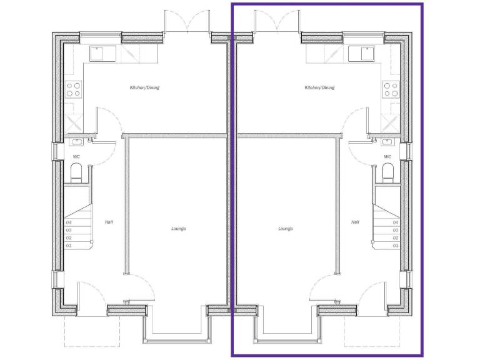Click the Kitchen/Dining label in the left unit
click(x=144, y=87)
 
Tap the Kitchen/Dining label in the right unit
click(x=319, y=87)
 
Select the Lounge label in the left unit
click(x=179, y=229)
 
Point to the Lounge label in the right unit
click(x=286, y=229)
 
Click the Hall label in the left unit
click(x=109, y=222)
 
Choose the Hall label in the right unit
click(x=355, y=222)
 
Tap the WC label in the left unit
click(x=76, y=157)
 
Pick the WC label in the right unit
click(x=387, y=157)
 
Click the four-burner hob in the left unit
click(x=74, y=89)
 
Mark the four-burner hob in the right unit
click(x=391, y=89)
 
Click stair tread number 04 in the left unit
click(x=69, y=222)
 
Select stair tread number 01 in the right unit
click(x=395, y=246)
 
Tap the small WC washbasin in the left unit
click(x=77, y=141)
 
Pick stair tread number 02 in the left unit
click(x=69, y=238)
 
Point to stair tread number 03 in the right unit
click(x=395, y=230)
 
